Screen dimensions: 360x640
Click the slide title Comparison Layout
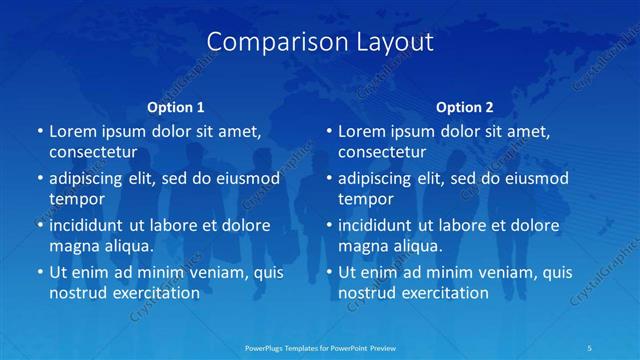click(320, 42)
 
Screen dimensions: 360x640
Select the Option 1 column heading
click(176, 106)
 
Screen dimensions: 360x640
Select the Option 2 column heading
click(465, 106)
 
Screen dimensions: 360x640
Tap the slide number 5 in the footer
click(590, 347)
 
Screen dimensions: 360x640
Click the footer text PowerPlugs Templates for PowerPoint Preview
click(320, 347)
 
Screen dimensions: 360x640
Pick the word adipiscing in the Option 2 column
click(376, 178)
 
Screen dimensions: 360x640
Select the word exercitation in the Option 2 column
click(440, 293)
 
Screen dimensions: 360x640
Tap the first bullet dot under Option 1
click(40, 132)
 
